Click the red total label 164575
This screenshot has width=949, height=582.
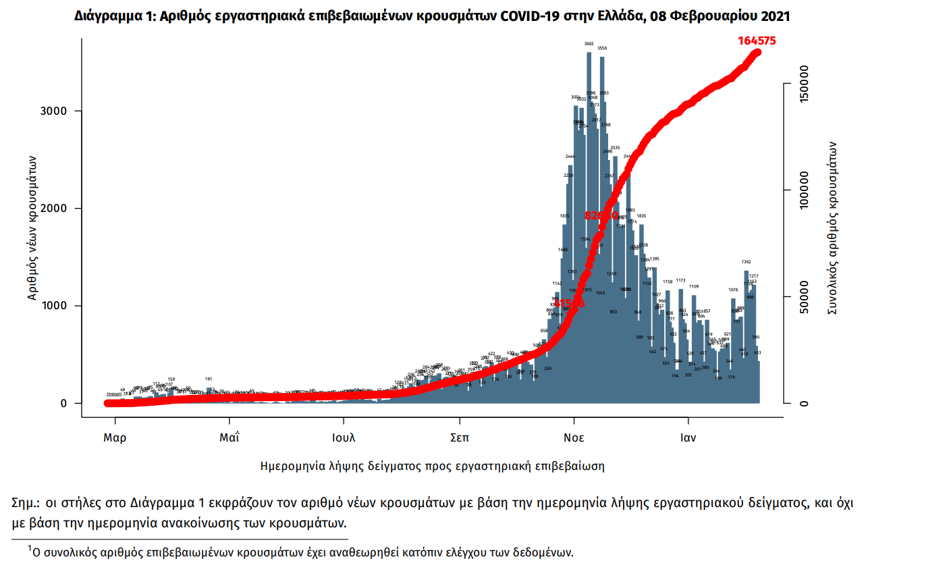pyautogui.click(x=757, y=41)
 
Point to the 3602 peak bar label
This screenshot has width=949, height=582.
pyautogui.click(x=589, y=44)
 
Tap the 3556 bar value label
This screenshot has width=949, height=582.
pyautogui.click(x=602, y=49)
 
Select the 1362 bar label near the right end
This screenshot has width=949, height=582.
pyautogui.click(x=746, y=262)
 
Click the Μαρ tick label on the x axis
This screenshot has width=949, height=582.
pyautogui.click(x=115, y=438)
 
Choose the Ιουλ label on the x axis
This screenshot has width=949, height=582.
pyautogui.click(x=344, y=438)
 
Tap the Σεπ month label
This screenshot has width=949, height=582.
pyautogui.click(x=460, y=438)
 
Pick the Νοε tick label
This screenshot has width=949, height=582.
pyautogui.click(x=574, y=438)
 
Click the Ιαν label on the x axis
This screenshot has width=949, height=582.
pyautogui.click(x=688, y=438)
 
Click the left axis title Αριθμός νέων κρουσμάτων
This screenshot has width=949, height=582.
pyautogui.click(x=32, y=228)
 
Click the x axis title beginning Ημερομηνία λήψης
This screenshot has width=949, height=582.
pyautogui.click(x=432, y=466)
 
